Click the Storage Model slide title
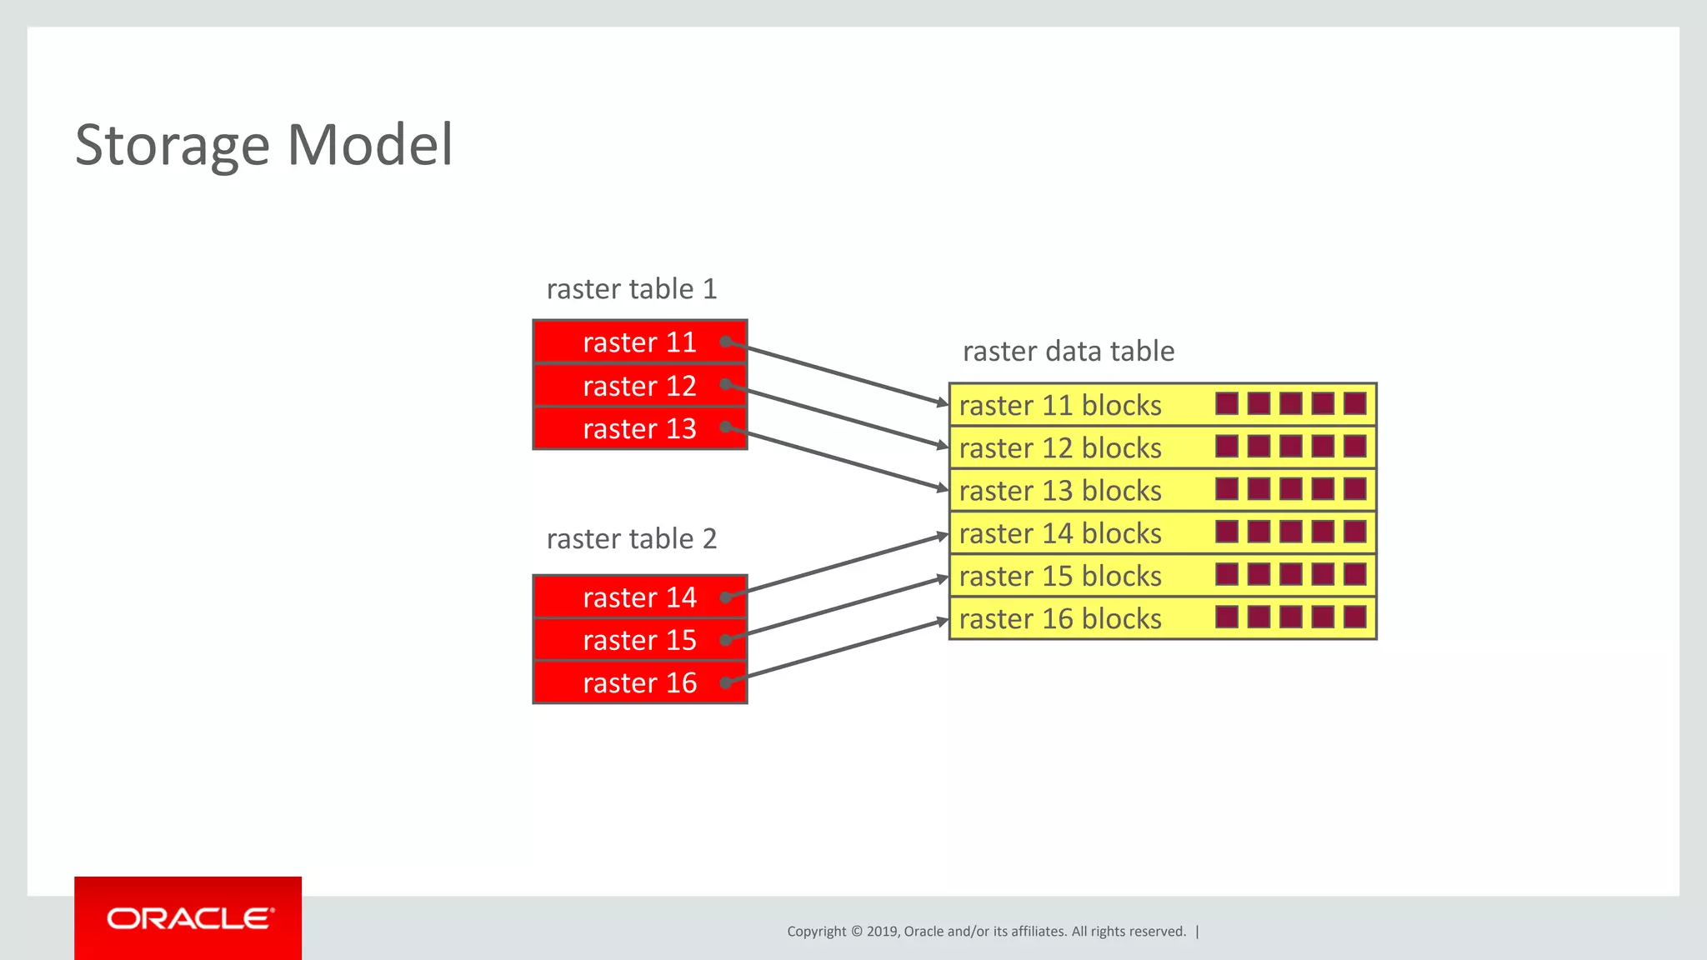coord(263,144)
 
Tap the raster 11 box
coord(639,342)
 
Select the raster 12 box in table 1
coord(639,386)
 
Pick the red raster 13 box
coord(639,428)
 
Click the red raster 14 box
coord(639,597)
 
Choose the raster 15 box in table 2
coord(639,640)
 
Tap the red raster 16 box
coord(639,682)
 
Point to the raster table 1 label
coord(631,289)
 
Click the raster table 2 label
coord(631,539)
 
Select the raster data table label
coord(1068,351)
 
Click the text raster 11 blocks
coord(1059,405)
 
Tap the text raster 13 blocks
coord(1059,491)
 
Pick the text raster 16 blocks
coord(1059,618)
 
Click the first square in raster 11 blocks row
coord(1226,404)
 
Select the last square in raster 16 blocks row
coord(1354,617)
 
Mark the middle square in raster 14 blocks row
coord(1290,532)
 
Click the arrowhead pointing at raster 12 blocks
coord(942,445)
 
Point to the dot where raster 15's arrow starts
coord(726,640)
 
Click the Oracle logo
coord(188,918)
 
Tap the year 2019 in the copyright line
coord(881,932)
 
